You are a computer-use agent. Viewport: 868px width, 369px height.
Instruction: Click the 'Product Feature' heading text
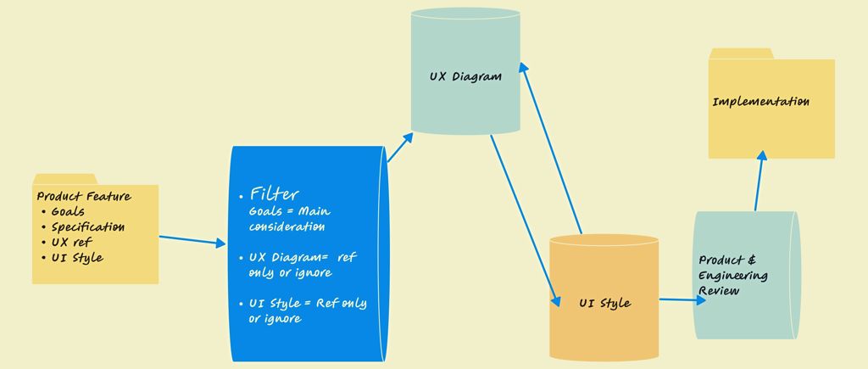point(84,196)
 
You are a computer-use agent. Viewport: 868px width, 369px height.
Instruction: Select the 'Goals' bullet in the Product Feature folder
point(68,212)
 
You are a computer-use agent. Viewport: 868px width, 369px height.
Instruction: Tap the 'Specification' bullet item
point(88,227)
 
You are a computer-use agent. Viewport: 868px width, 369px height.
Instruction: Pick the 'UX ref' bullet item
point(71,242)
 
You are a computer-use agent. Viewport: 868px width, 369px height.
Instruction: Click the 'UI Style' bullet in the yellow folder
point(77,258)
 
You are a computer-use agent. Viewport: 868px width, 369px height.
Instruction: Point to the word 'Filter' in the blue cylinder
point(275,194)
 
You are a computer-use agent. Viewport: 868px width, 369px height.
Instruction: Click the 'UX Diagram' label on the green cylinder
point(465,76)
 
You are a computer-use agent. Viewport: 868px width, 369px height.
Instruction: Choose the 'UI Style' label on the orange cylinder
point(605,303)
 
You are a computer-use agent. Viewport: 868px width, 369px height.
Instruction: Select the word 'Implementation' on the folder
point(760,102)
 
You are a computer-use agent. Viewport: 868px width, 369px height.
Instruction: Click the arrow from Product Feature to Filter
point(192,240)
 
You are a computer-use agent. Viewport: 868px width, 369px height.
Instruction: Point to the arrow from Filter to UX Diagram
point(400,147)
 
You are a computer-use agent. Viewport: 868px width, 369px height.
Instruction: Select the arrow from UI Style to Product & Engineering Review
point(682,299)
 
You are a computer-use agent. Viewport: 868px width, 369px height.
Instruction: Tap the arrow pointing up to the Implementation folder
point(759,181)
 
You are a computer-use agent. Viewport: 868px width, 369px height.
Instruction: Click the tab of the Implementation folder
point(741,53)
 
